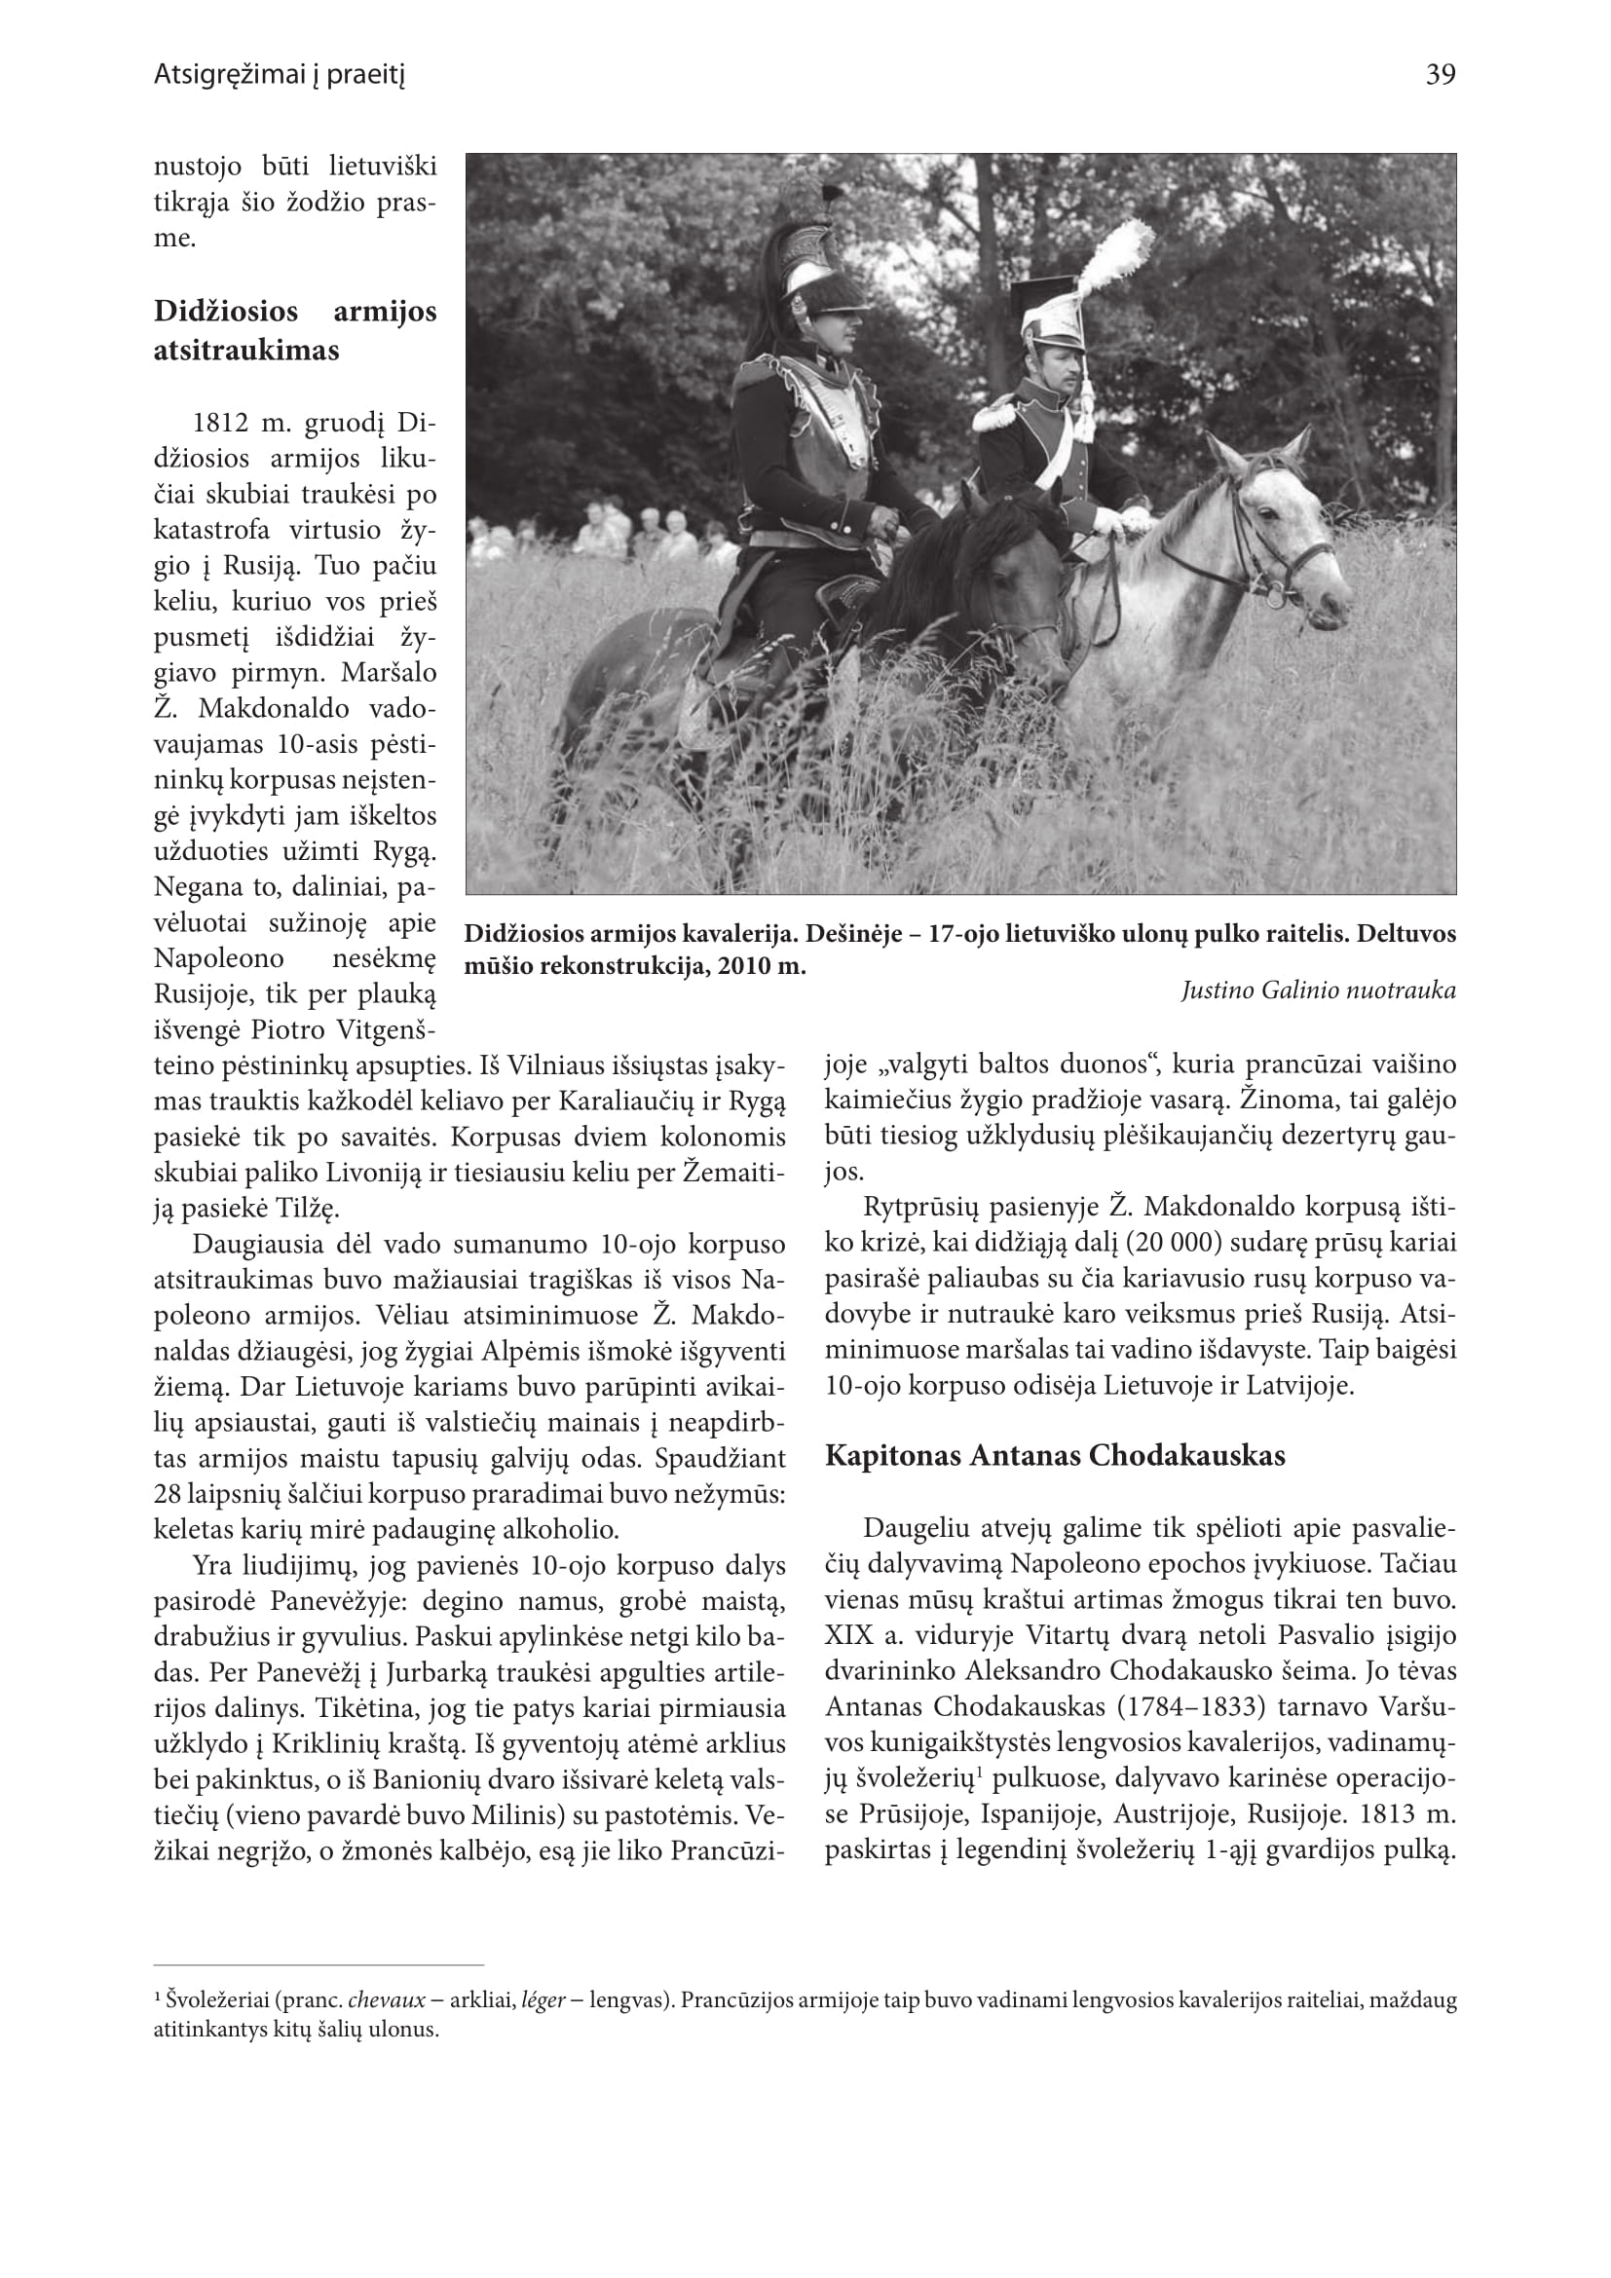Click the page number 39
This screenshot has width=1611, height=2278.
1441,74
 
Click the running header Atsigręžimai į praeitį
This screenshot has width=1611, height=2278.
280,74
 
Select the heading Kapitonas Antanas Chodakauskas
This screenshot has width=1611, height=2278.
1055,1455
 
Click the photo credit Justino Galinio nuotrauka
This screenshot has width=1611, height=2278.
1319,990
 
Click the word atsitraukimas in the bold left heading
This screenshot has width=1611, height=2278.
246,351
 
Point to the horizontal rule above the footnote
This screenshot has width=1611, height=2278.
319,1964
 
